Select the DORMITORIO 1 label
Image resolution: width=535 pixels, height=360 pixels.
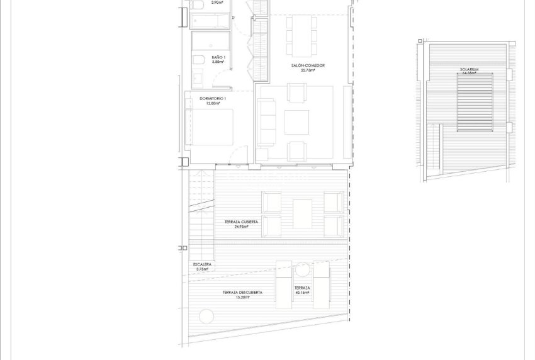(x=213, y=99)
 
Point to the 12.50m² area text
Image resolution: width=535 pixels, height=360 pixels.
(x=213, y=104)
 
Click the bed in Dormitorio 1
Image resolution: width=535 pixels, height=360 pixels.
(x=211, y=127)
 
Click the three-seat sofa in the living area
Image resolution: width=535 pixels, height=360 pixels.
(x=267, y=121)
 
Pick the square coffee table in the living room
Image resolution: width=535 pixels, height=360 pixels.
(x=296, y=122)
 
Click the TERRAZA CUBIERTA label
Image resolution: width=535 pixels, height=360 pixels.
(x=241, y=222)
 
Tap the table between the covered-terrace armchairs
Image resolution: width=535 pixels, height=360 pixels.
(x=302, y=214)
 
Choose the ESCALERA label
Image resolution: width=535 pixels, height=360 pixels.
(x=203, y=264)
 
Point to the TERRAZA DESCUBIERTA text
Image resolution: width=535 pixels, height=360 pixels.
(x=242, y=292)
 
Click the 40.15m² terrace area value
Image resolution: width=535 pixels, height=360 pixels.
(x=302, y=293)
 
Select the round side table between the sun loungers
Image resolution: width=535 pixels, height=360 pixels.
(x=303, y=270)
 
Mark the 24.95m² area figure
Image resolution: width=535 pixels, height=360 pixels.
(x=241, y=227)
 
